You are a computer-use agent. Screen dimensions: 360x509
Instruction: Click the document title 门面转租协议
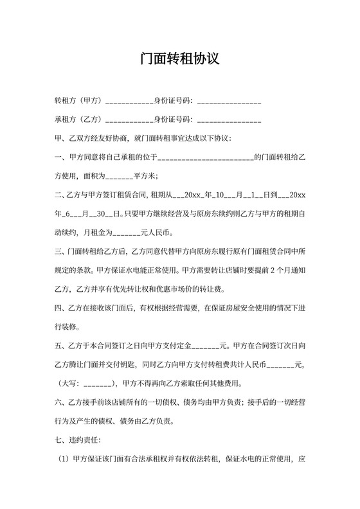(180, 60)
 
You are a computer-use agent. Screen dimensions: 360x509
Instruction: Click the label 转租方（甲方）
(79, 102)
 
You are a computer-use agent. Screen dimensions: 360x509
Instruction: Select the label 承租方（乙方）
(79, 120)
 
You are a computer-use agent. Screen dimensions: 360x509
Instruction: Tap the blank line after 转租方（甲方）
(128, 102)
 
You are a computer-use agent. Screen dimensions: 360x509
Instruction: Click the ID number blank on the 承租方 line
(230, 120)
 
